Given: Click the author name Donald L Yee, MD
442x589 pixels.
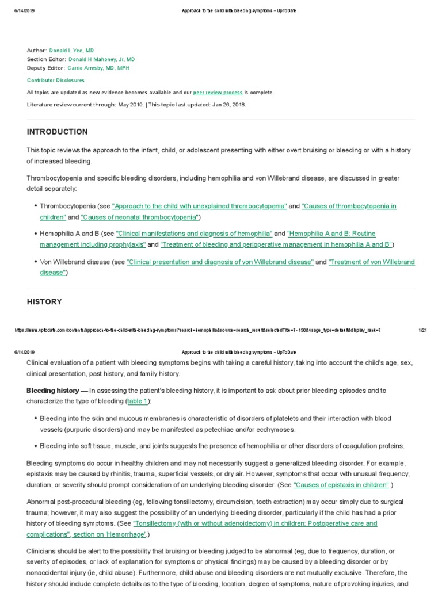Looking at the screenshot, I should pyautogui.click(x=71, y=51).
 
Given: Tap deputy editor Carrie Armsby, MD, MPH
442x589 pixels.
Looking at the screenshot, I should pyautogui.click(x=98, y=68).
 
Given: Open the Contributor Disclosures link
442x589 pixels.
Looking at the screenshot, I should pyautogui.click(x=55, y=81).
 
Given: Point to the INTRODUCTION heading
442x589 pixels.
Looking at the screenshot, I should pyautogui.click(x=58, y=132).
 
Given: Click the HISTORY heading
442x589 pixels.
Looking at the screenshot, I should pyautogui.click(x=44, y=301).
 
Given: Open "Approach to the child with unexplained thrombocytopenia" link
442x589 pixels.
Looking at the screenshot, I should pyautogui.click(x=199, y=206).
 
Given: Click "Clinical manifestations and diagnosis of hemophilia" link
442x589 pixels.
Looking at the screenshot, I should pyautogui.click(x=194, y=234).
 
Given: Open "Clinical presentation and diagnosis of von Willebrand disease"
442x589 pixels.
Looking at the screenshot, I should pyautogui.click(x=220, y=262).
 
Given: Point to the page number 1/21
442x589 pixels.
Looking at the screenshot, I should pyautogui.click(x=422, y=330).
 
